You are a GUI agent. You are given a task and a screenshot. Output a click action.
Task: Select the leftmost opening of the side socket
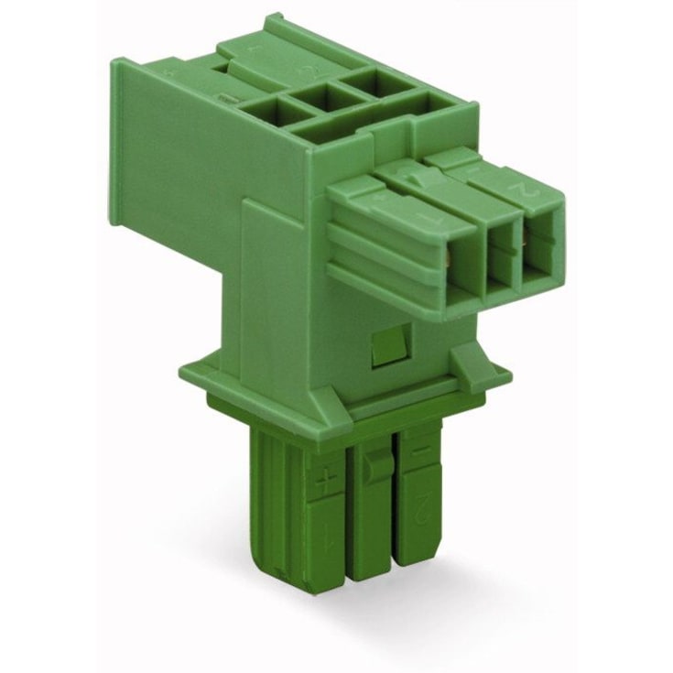[x=462, y=265]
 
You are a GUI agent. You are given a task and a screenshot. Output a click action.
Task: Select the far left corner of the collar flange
[x=183, y=370]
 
